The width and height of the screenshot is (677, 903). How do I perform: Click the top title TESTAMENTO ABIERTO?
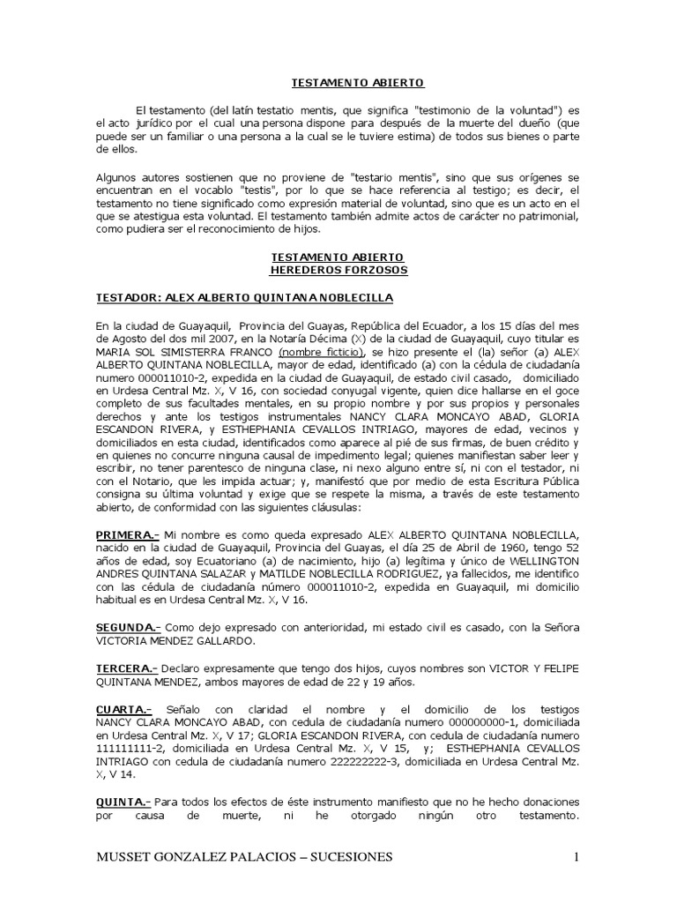point(358,83)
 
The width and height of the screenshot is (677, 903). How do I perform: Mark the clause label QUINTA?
point(123,802)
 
